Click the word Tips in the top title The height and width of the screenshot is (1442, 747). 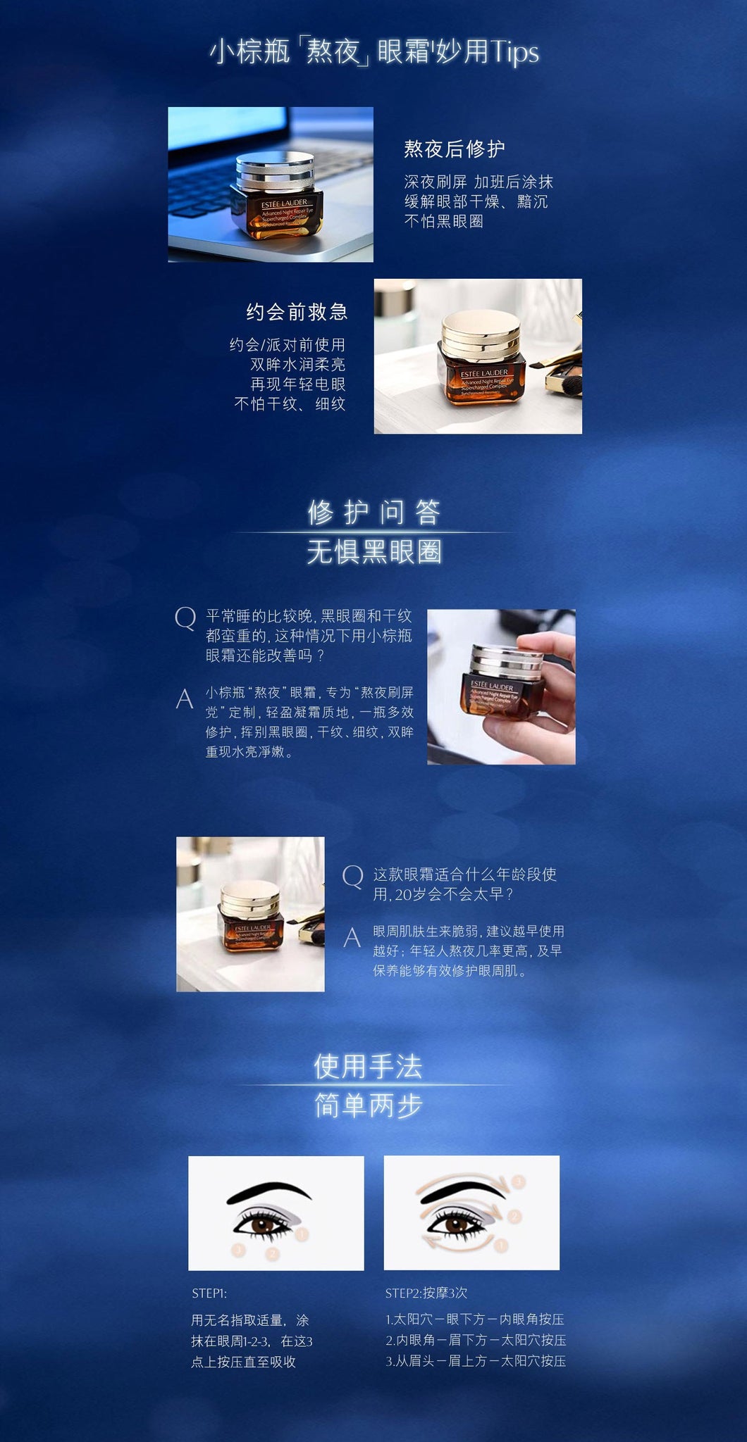click(x=514, y=53)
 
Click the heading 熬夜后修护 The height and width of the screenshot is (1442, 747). click(x=455, y=149)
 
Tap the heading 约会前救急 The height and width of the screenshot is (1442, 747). click(x=297, y=312)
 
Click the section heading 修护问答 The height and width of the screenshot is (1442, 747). click(x=374, y=512)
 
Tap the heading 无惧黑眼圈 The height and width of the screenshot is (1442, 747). click(x=374, y=551)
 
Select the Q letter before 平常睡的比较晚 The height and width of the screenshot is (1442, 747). click(x=185, y=619)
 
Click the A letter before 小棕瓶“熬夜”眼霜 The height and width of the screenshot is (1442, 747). click(x=185, y=698)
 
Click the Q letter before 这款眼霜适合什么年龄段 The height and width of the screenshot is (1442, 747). click(x=352, y=877)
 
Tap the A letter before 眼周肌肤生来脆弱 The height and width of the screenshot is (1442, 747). click(x=352, y=937)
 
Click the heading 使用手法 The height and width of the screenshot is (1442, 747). click(x=368, y=1066)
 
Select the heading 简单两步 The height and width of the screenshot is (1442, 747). click(x=368, y=1105)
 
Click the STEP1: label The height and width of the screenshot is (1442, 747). click(x=209, y=1293)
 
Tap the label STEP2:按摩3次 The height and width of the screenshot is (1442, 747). click(x=426, y=1293)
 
